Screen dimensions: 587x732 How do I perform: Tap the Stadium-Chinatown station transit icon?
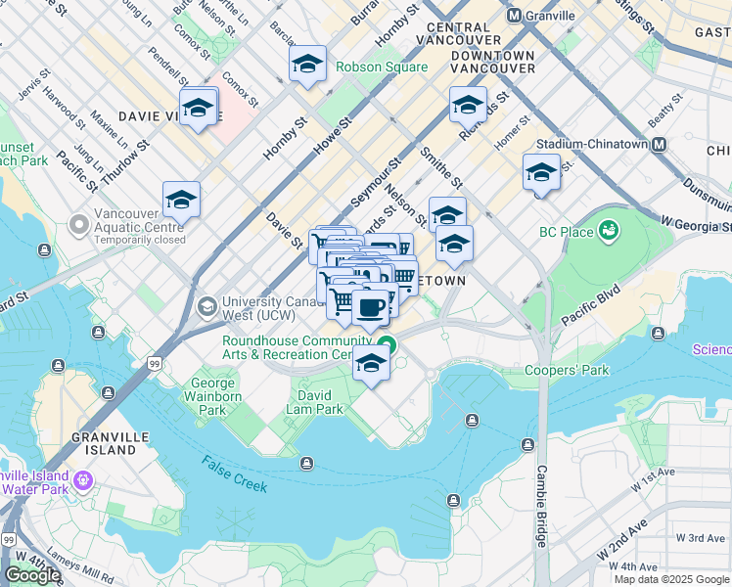(x=659, y=144)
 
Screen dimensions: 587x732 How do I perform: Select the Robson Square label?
(x=381, y=68)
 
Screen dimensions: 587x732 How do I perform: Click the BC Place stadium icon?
(x=610, y=232)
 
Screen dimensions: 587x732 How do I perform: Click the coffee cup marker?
(x=370, y=308)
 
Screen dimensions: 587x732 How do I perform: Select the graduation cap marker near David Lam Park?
(x=372, y=363)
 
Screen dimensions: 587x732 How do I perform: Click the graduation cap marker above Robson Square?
(x=308, y=66)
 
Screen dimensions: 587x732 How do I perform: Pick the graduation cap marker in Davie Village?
(x=199, y=108)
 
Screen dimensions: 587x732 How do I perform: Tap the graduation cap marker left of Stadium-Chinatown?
(x=541, y=173)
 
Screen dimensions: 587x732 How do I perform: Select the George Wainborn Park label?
(x=212, y=396)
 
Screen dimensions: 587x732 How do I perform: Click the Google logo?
(x=32, y=575)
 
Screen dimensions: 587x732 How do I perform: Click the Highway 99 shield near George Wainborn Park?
(x=156, y=364)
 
